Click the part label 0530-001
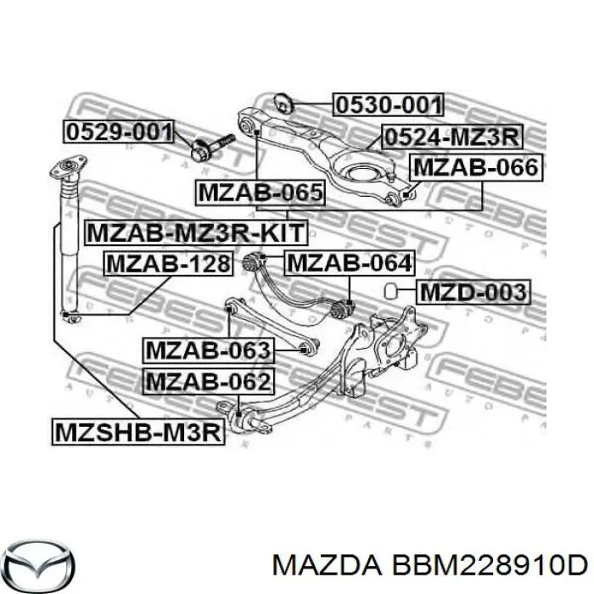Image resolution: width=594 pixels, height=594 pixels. click(x=388, y=105)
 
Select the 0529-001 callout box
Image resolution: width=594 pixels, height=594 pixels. click(x=118, y=132)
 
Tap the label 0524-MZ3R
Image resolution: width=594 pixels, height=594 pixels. click(x=451, y=136)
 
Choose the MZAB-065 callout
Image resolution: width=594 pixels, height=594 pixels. click(x=261, y=193)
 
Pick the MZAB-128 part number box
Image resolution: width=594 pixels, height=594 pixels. click(x=168, y=265)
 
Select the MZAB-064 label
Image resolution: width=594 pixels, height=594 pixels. click(x=349, y=264)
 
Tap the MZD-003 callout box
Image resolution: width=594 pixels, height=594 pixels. click(x=473, y=294)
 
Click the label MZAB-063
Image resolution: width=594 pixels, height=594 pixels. click(x=207, y=349)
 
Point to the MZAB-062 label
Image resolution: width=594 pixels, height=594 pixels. click(x=207, y=382)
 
